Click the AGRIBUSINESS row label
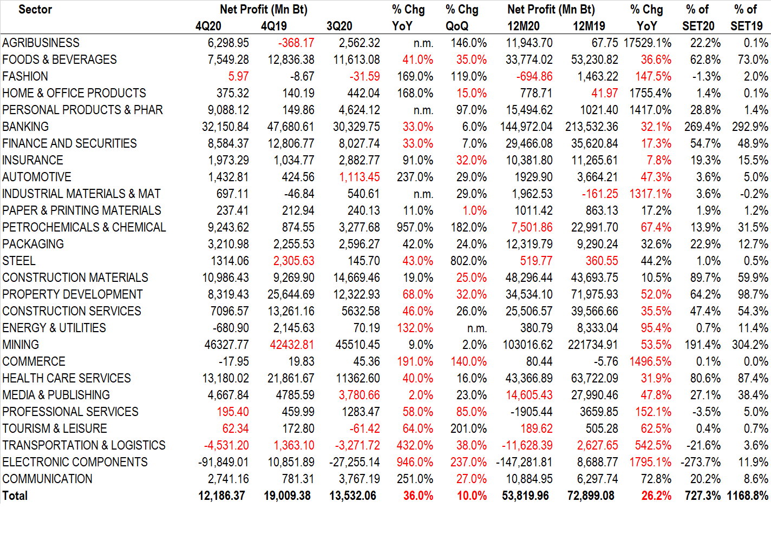pos(41,43)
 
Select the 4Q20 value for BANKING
pos(225,127)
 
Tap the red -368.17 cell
pos(296,43)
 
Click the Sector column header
pos(35,9)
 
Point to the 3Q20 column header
pos(339,26)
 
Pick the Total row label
pos(15,496)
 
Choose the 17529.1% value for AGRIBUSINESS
pos(648,43)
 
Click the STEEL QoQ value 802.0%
pos(468,261)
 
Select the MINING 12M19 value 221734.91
pos(593,345)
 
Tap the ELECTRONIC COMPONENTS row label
pos(75,462)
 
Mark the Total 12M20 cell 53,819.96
pos(525,496)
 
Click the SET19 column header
pos(746,26)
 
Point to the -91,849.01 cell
pos(223,462)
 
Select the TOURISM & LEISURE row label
pos(55,428)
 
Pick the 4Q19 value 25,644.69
pos(291,294)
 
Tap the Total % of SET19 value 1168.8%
pos(747,496)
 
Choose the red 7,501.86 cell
pos(532,227)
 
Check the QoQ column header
pos(457,26)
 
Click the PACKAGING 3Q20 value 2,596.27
pos(359,244)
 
